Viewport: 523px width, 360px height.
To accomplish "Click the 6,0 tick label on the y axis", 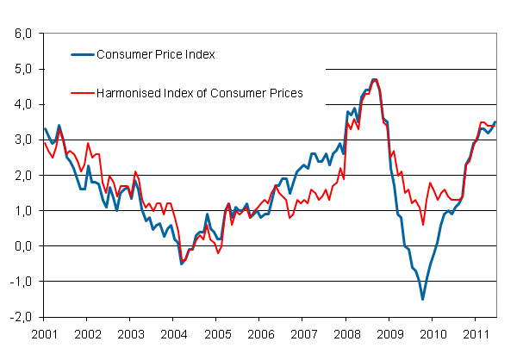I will coord(22,34).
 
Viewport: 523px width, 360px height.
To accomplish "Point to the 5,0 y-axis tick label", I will coord(22,69).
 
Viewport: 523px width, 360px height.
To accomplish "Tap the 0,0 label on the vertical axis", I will coord(22,245).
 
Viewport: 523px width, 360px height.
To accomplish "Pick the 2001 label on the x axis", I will coord(44,332).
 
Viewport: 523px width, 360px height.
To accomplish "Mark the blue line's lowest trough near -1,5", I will coord(422,299).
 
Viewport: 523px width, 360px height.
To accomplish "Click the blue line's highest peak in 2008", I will coord(374,79).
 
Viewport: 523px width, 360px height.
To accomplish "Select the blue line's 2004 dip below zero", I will coord(181,263).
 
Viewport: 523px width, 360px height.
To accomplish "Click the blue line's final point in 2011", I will coord(495,122).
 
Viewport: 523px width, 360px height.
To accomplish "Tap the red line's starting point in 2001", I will coord(44,142).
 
